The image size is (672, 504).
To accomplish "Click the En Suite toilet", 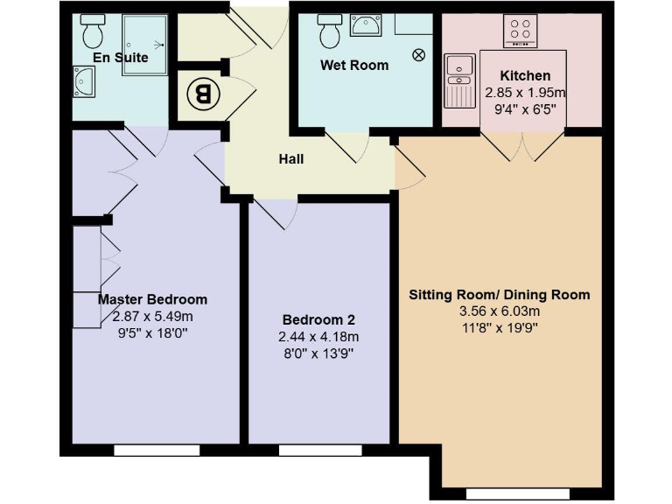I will pyautogui.click(x=92, y=33).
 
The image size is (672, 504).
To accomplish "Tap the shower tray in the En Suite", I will pyautogui.click(x=144, y=43).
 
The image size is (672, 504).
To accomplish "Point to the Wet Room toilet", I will pyautogui.click(x=330, y=33).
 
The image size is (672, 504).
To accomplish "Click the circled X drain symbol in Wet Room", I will pyautogui.click(x=418, y=54).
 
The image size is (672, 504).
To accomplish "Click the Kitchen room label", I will pyautogui.click(x=525, y=76).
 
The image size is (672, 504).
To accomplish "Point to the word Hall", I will pyautogui.click(x=291, y=159).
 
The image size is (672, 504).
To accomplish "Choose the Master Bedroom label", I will pyautogui.click(x=152, y=299).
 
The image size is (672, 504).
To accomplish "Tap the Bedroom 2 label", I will pyautogui.click(x=318, y=320).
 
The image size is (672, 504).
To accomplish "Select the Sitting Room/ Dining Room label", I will pyautogui.click(x=500, y=295).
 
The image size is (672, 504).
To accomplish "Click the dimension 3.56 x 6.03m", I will pyautogui.click(x=500, y=311).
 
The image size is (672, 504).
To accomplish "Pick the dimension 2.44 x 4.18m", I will pyautogui.click(x=318, y=337).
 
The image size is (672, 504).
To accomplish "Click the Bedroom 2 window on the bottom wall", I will pyautogui.click(x=312, y=450).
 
